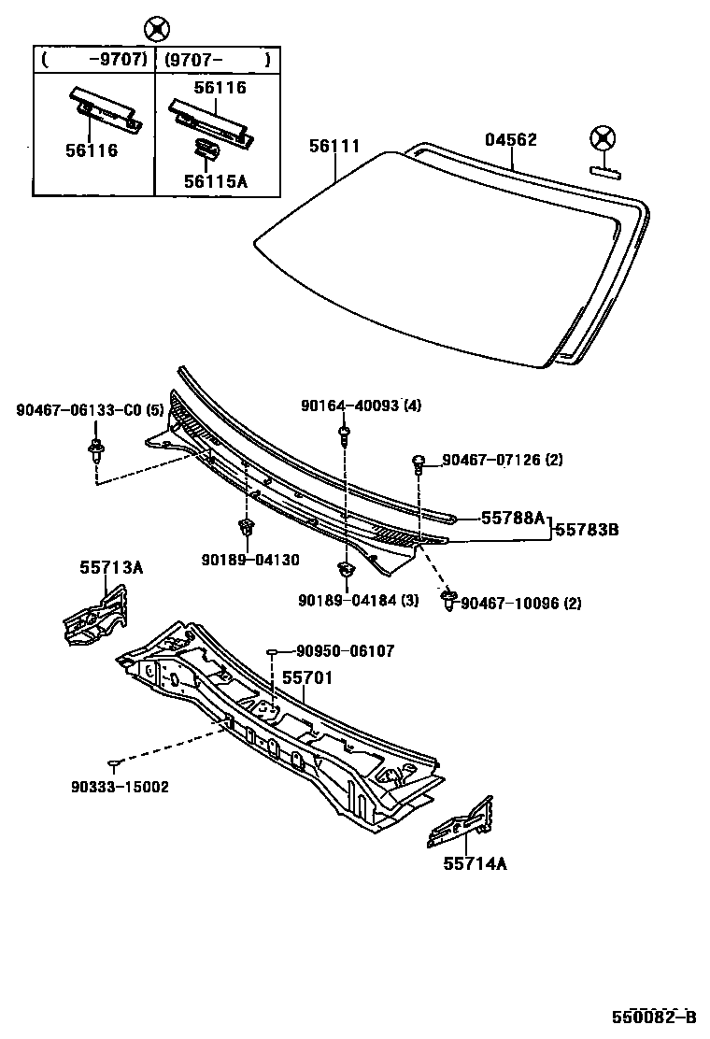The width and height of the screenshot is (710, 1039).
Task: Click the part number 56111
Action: tap(335, 146)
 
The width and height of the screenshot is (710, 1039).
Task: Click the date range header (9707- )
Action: tap(217, 61)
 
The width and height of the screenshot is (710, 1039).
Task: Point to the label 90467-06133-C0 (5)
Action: tap(90, 410)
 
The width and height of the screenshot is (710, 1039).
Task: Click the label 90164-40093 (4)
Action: tap(361, 406)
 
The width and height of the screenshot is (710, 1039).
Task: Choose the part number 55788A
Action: tap(513, 517)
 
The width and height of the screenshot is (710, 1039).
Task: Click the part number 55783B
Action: tap(587, 529)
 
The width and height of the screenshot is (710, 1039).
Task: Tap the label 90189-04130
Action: tap(249, 560)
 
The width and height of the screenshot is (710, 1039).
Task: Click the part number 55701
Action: tap(307, 679)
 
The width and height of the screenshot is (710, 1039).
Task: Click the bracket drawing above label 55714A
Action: tap(461, 823)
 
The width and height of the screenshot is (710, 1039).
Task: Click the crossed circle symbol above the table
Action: tap(158, 27)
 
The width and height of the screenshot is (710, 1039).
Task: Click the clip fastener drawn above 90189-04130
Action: tap(247, 528)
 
